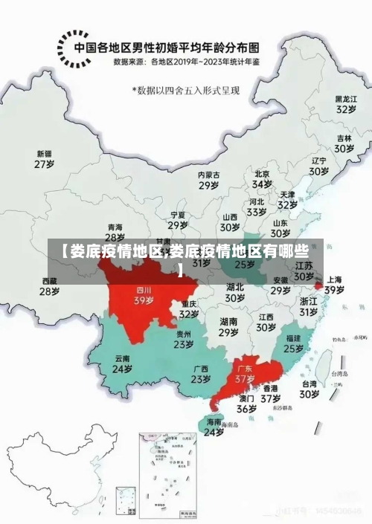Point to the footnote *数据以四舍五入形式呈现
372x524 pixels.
[x=187, y=90]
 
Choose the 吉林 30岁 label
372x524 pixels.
[x=344, y=143]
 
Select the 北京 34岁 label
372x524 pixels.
[x=262, y=178]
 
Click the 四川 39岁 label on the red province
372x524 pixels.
[x=144, y=296]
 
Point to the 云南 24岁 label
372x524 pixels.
[x=122, y=363]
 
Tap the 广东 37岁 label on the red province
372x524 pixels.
[x=245, y=373]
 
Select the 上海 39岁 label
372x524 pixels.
[x=334, y=285]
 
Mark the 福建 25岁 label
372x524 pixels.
[x=293, y=343]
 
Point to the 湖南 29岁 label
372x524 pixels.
[x=228, y=327]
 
